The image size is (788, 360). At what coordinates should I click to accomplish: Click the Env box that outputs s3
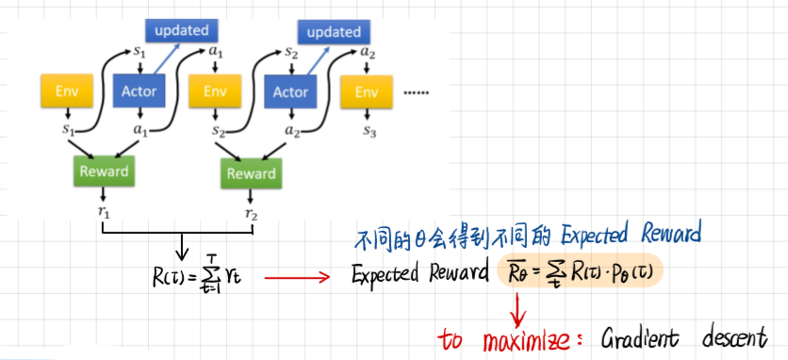[366, 91]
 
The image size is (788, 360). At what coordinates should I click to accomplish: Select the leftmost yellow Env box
[66, 91]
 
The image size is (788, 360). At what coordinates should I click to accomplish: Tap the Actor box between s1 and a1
[140, 91]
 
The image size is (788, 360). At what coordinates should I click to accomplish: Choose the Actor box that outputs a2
[290, 91]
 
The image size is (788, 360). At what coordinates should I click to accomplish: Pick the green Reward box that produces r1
[103, 172]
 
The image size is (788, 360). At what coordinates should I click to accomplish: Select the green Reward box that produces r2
[251, 173]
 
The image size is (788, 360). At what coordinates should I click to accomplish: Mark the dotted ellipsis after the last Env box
[416, 93]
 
